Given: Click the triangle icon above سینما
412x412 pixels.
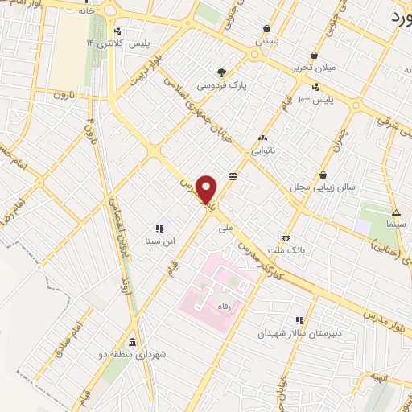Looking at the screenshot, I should [x=395, y=212].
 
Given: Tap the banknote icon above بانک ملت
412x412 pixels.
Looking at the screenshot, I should [x=286, y=238].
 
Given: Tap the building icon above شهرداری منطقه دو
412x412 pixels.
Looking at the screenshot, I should [x=131, y=340].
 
